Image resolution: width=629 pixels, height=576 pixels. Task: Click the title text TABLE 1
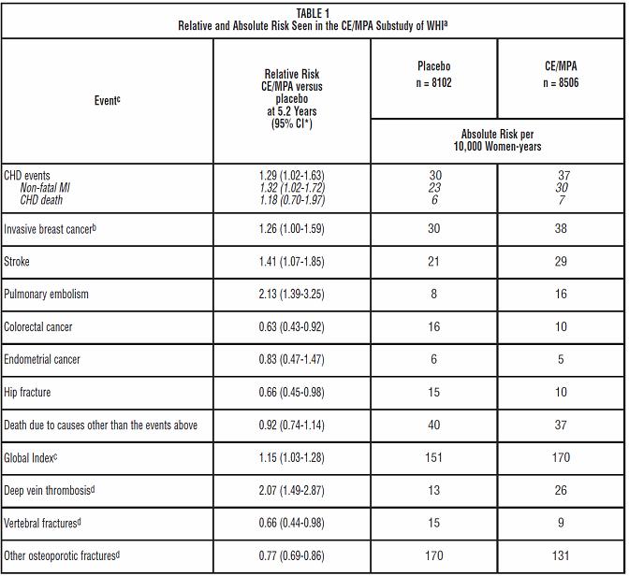point(314,12)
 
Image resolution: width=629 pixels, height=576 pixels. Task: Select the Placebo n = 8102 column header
point(433,74)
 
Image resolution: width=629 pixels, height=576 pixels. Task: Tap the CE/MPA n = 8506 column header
point(561,74)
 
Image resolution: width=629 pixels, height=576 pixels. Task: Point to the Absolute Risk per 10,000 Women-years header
point(501,140)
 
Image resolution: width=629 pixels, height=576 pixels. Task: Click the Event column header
point(106,100)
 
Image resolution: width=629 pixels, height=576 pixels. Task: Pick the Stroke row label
point(18,261)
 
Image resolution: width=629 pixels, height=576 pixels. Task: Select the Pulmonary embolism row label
point(46,294)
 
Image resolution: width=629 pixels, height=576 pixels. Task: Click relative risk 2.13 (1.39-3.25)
point(292,294)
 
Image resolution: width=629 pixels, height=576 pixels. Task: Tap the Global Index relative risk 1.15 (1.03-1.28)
point(292,457)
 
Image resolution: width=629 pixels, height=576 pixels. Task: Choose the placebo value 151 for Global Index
point(433,457)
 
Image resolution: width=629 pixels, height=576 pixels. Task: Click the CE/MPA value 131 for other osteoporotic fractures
point(561,555)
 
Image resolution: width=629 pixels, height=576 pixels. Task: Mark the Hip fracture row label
point(27,392)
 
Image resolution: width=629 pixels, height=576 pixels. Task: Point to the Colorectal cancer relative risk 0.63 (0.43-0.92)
point(292,326)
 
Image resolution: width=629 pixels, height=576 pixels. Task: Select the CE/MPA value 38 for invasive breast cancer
point(561,228)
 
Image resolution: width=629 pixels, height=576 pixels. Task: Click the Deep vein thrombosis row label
point(51,490)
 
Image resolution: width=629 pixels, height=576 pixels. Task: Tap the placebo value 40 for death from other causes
point(433,425)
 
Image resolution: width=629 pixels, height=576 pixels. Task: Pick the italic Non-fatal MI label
point(45,187)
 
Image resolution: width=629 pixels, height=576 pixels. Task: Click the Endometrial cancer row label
point(42,359)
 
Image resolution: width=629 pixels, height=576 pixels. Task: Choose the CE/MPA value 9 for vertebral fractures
point(561,523)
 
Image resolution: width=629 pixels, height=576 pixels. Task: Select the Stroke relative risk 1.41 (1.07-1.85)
point(292,261)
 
